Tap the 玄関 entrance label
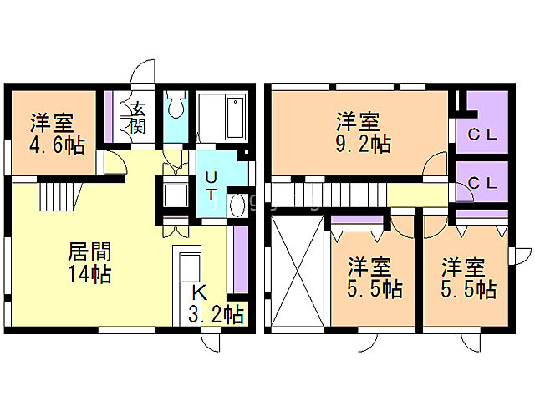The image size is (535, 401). click(x=135, y=116)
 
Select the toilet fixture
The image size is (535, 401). click(x=176, y=107)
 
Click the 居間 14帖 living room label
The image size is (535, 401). click(x=89, y=261)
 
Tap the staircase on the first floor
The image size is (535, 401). click(x=59, y=197)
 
